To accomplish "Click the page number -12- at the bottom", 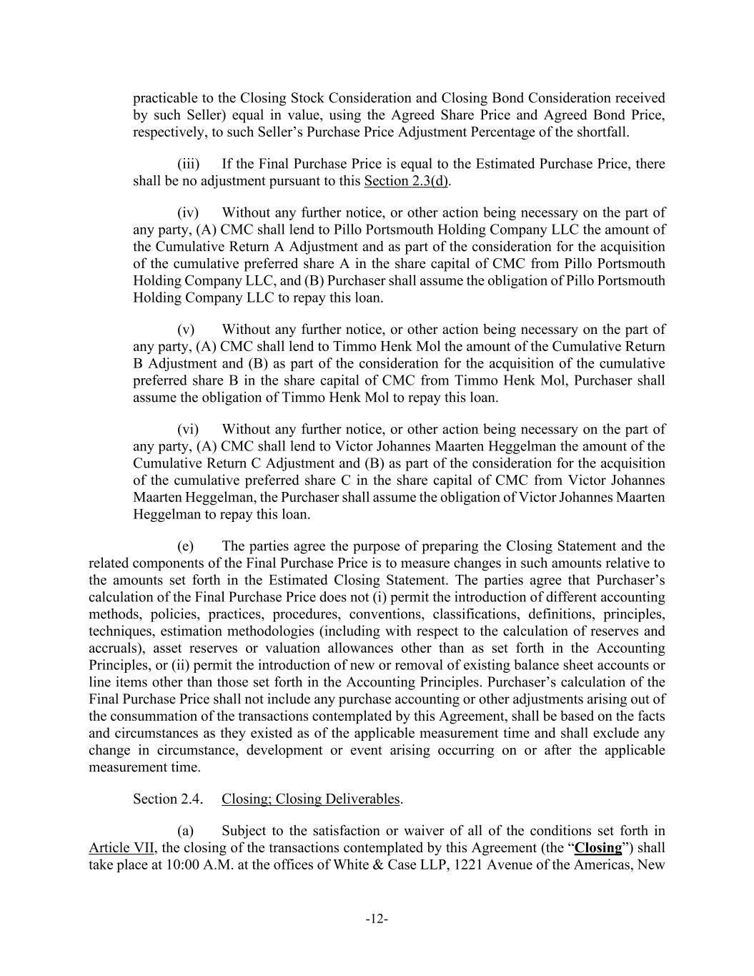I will coord(377,919).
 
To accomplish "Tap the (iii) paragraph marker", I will coord(188,164).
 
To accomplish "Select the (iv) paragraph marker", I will coord(188,212).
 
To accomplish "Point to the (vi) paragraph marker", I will coord(188,429).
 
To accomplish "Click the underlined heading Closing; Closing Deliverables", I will coord(311,799).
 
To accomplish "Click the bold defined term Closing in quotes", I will coord(597,848).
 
